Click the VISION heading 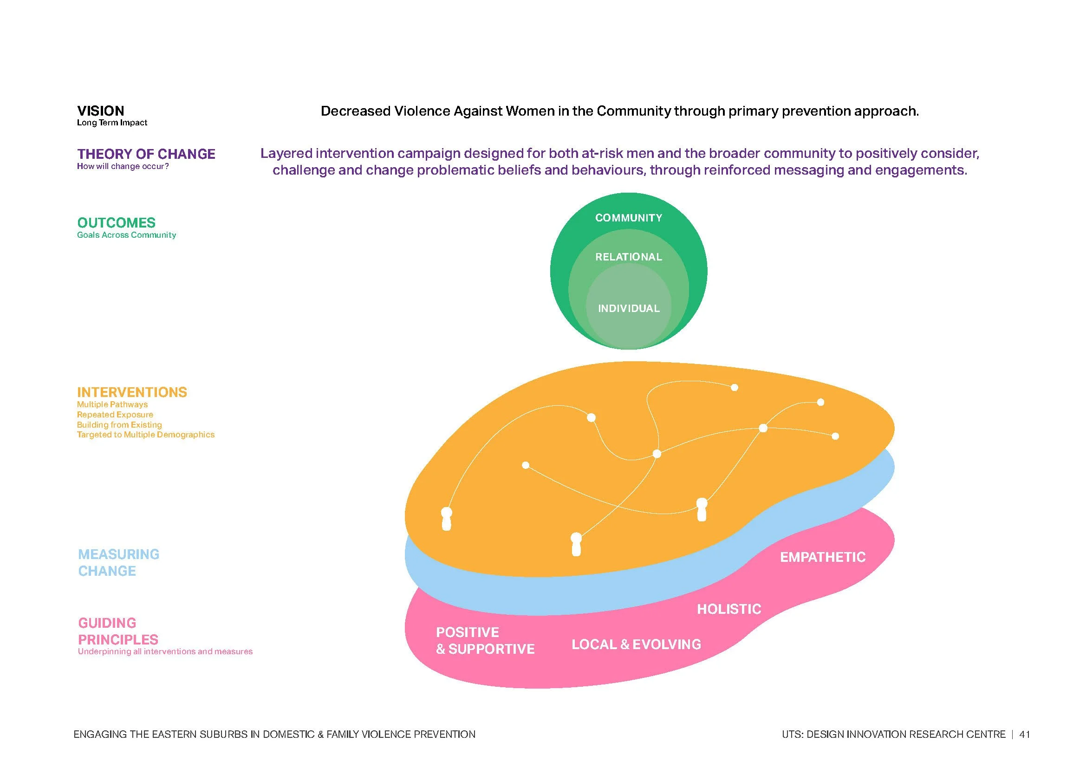pyautogui.click(x=101, y=111)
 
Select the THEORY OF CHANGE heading pyautogui.click(x=146, y=154)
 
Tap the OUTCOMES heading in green pyautogui.click(x=117, y=223)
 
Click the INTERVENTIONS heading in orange pyautogui.click(x=132, y=392)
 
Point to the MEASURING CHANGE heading pyautogui.click(x=118, y=563)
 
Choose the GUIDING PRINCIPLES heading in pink pyautogui.click(x=118, y=631)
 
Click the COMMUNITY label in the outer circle pyautogui.click(x=628, y=218)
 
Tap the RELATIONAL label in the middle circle pyautogui.click(x=628, y=257)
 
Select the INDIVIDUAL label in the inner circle pyautogui.click(x=628, y=308)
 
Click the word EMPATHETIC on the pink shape pyautogui.click(x=823, y=557)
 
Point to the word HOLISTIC pyautogui.click(x=729, y=609)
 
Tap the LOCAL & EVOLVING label pyautogui.click(x=636, y=644)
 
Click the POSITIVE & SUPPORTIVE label pyautogui.click(x=485, y=641)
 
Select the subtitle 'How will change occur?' pyautogui.click(x=123, y=167)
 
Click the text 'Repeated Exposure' pyautogui.click(x=115, y=415)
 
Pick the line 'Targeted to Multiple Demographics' pyautogui.click(x=146, y=435)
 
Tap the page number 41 pyautogui.click(x=1025, y=735)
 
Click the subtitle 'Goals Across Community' pyautogui.click(x=126, y=235)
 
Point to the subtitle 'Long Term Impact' pyautogui.click(x=112, y=123)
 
